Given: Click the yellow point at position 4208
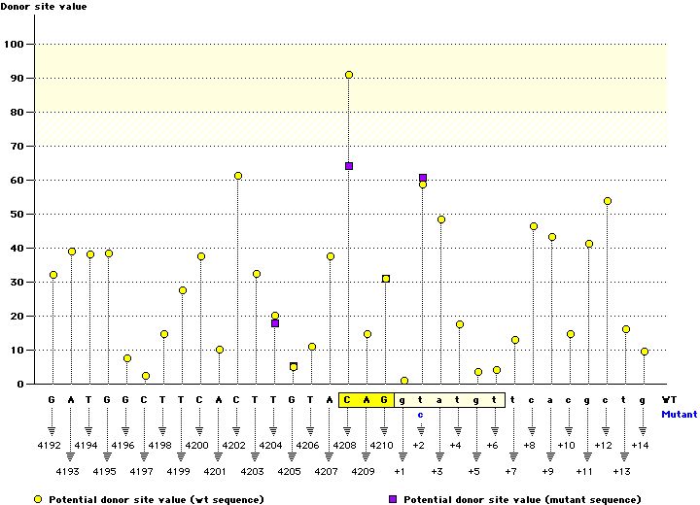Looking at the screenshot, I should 349,75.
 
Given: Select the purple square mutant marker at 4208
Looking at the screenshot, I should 349,166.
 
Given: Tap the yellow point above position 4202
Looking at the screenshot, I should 238,176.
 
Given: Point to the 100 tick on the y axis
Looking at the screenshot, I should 16,44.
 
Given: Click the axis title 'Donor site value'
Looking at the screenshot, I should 43,7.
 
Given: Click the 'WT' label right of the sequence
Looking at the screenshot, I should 669,399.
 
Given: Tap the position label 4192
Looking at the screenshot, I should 52,445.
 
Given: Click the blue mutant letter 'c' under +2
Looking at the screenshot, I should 421,414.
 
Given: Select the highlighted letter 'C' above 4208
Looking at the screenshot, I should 348,399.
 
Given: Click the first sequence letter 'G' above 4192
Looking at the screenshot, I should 52,399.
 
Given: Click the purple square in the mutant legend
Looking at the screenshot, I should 395,499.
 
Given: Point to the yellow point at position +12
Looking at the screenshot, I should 608,201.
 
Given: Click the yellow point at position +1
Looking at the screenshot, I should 404,381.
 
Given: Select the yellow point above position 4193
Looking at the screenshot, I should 72,252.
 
